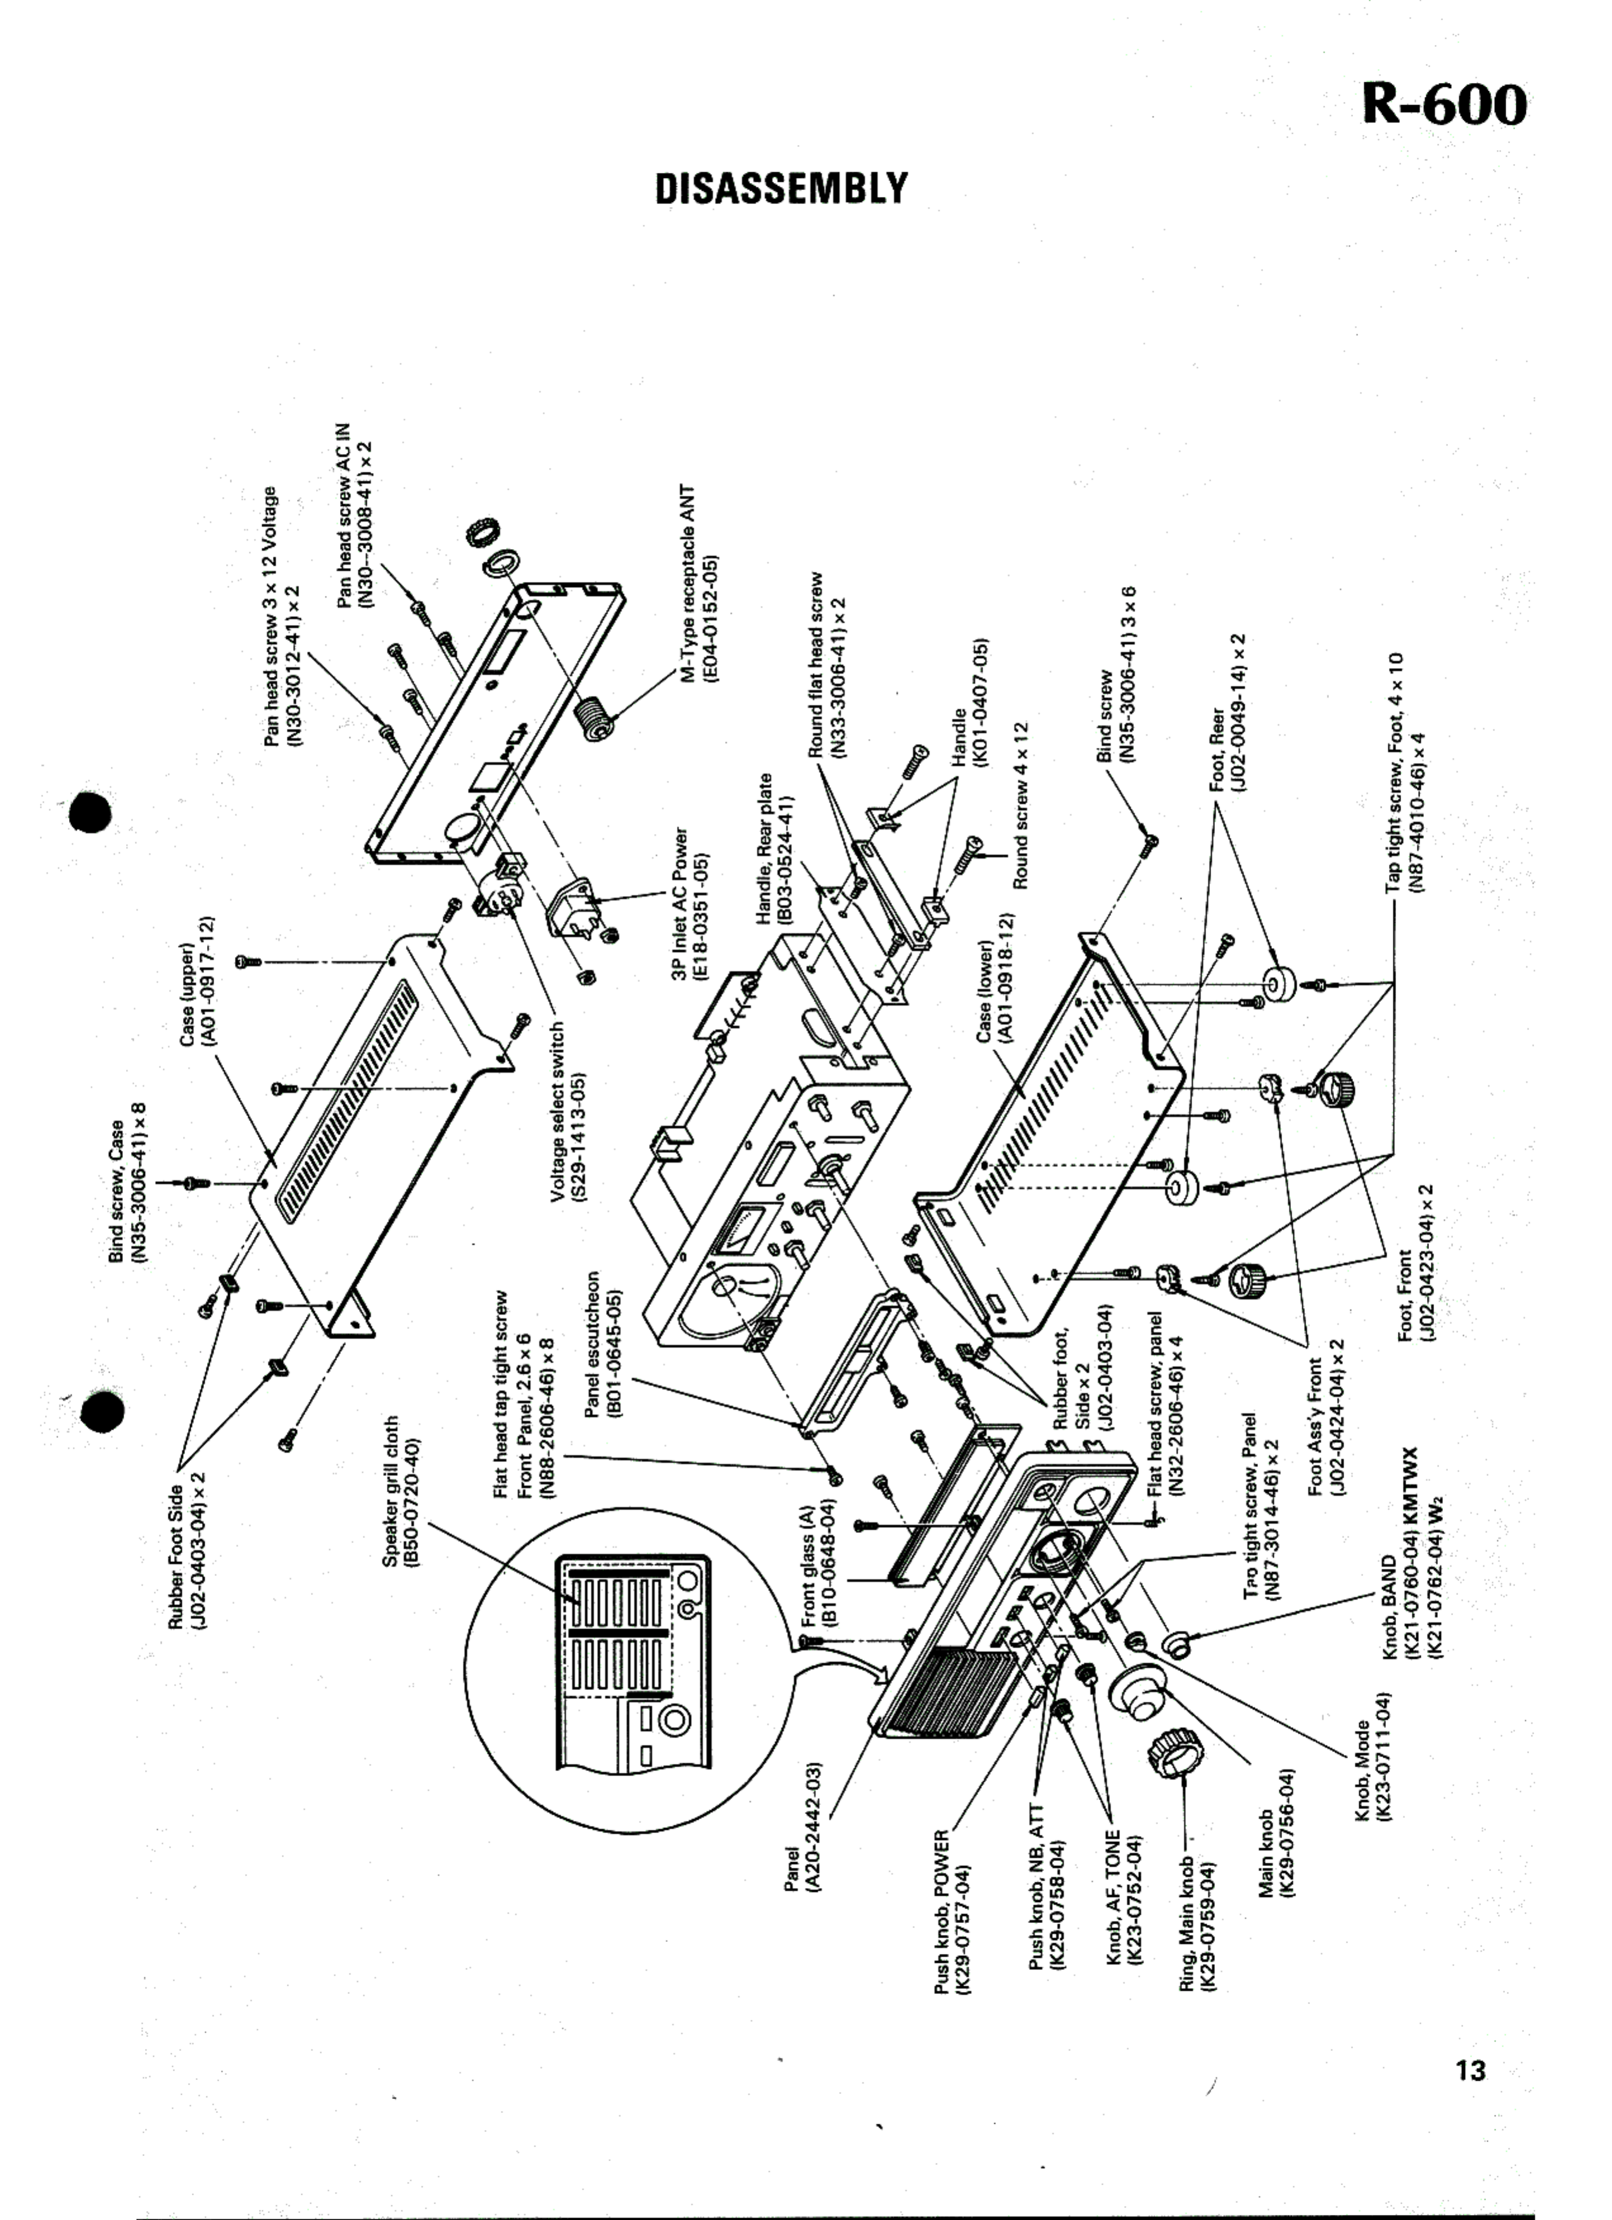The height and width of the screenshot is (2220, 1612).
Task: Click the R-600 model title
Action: click(1444, 104)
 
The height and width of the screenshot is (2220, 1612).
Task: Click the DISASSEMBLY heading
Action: click(781, 189)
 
